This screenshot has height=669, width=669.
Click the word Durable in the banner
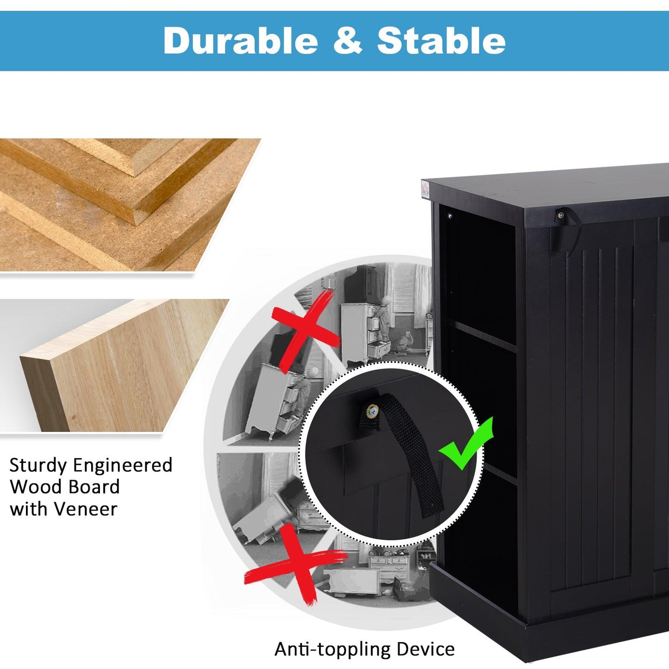pyautogui.click(x=241, y=41)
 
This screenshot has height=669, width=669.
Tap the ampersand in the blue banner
pyautogui.click(x=348, y=41)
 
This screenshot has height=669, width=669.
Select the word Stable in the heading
pyautogui.click(x=441, y=41)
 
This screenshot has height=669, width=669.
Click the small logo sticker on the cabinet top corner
pyautogui.click(x=426, y=189)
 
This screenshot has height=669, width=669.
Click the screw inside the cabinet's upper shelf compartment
pyautogui.click(x=450, y=216)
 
